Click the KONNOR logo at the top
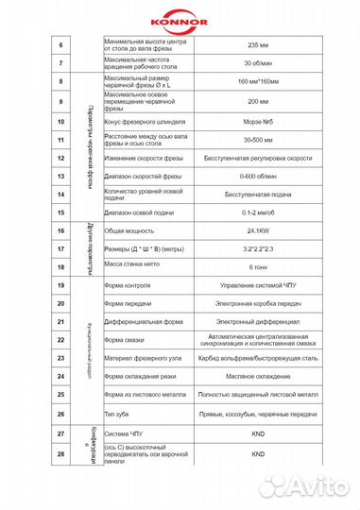180,16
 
